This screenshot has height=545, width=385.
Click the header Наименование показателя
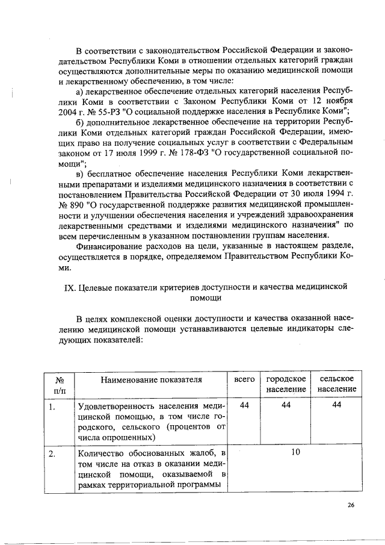pyautogui.click(x=151, y=379)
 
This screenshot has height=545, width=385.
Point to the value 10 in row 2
pyautogui.click(x=295, y=451)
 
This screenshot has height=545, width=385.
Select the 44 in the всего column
pyautogui.click(x=244, y=405)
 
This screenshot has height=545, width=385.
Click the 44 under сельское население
pyautogui.click(x=336, y=405)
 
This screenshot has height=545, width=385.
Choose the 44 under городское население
pyautogui.click(x=286, y=405)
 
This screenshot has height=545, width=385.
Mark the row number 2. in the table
pyautogui.click(x=53, y=453)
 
